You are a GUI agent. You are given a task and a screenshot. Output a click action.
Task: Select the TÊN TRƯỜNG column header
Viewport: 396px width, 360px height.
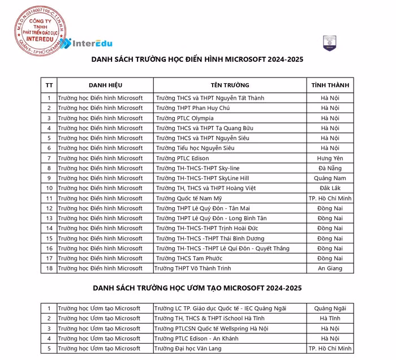pyautogui.click(x=230, y=85)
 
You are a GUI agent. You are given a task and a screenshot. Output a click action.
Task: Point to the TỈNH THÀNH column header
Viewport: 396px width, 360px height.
pyautogui.click(x=330, y=85)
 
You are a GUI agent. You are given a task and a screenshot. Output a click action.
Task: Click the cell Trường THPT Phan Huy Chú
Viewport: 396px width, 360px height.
pyautogui.click(x=193, y=108)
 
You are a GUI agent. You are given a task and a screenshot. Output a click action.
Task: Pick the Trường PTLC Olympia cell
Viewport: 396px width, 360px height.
pyautogui.click(x=185, y=118)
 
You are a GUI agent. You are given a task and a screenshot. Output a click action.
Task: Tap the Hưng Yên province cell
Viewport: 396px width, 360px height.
pyautogui.click(x=330, y=158)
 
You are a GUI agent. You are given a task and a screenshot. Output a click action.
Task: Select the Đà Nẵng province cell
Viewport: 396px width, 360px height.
pyautogui.click(x=330, y=168)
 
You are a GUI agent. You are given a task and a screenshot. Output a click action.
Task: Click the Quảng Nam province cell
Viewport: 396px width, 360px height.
pyautogui.click(x=330, y=178)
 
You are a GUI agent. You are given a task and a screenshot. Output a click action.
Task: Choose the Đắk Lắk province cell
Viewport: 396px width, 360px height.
pyautogui.click(x=330, y=188)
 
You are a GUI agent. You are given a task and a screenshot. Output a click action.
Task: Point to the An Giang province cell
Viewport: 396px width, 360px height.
pyautogui.click(x=330, y=268)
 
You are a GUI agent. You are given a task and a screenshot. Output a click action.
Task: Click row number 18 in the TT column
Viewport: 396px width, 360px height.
pyautogui.click(x=49, y=268)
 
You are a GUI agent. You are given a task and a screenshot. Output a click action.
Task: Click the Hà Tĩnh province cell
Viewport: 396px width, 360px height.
pyautogui.click(x=330, y=318)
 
